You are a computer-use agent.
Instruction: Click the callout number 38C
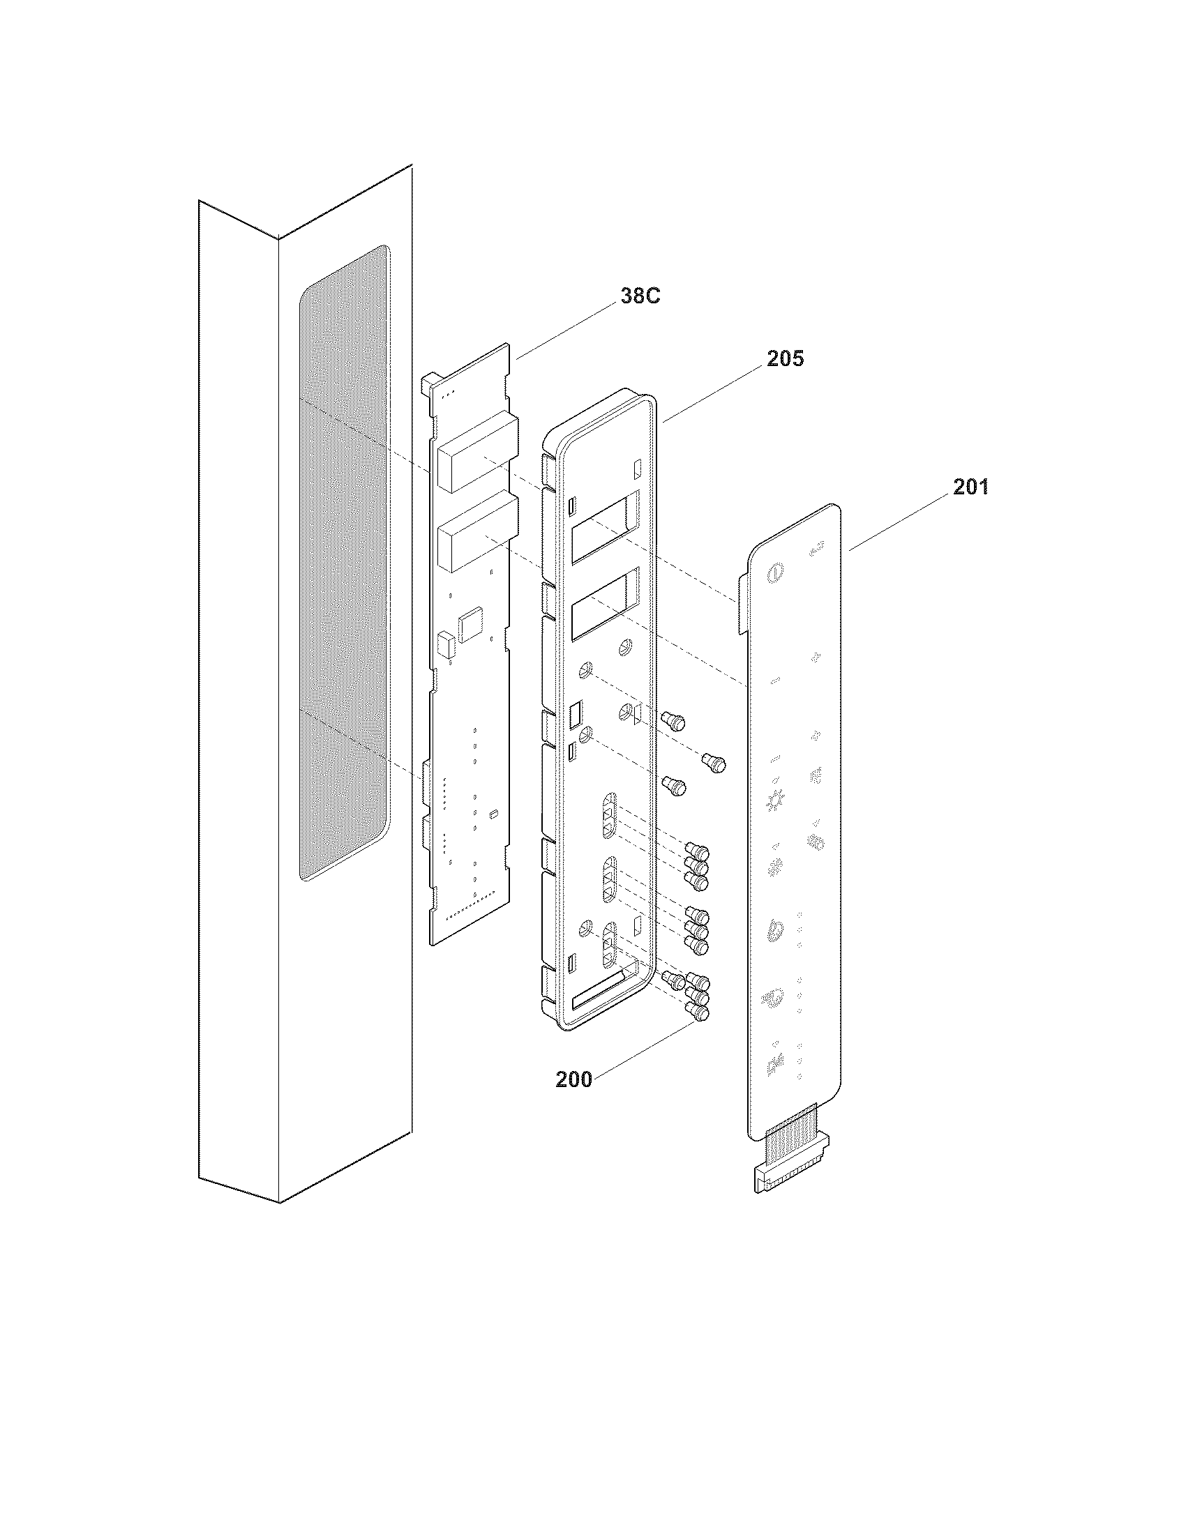coord(640,296)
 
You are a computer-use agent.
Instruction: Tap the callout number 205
coord(785,359)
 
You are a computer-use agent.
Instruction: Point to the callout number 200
coord(573,1079)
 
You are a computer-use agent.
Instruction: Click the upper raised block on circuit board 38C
coord(477,453)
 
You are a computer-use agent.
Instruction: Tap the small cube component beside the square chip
coord(446,645)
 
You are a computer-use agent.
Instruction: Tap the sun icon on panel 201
coord(774,800)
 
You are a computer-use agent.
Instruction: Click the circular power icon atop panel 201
coord(774,573)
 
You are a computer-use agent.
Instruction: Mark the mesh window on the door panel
coord(343,562)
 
